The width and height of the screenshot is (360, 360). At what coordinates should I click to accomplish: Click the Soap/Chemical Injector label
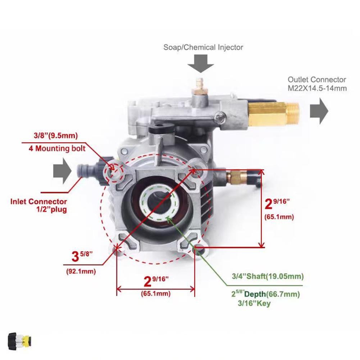203,47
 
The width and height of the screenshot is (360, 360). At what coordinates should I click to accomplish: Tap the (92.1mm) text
81,271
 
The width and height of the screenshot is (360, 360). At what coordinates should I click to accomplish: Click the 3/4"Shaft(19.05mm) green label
267,276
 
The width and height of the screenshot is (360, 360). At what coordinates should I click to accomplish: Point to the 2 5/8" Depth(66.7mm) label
265,294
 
